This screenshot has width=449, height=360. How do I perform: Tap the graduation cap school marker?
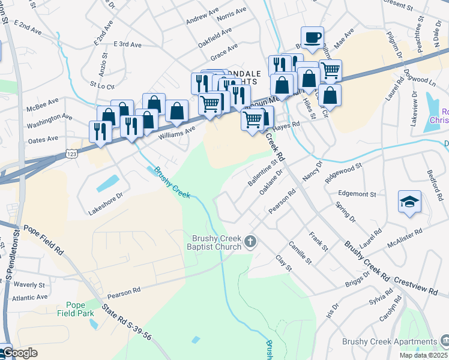[409, 202]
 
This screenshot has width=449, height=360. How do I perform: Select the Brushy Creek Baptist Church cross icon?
[250, 242]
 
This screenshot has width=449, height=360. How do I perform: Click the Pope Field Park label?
[76, 308]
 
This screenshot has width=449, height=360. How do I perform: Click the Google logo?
[19, 353]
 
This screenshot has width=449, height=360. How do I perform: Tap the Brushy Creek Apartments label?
[390, 341]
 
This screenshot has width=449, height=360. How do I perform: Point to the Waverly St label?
[31, 285]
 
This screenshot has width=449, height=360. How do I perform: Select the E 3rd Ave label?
[127, 45]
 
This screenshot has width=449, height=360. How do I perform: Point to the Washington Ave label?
[49, 124]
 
